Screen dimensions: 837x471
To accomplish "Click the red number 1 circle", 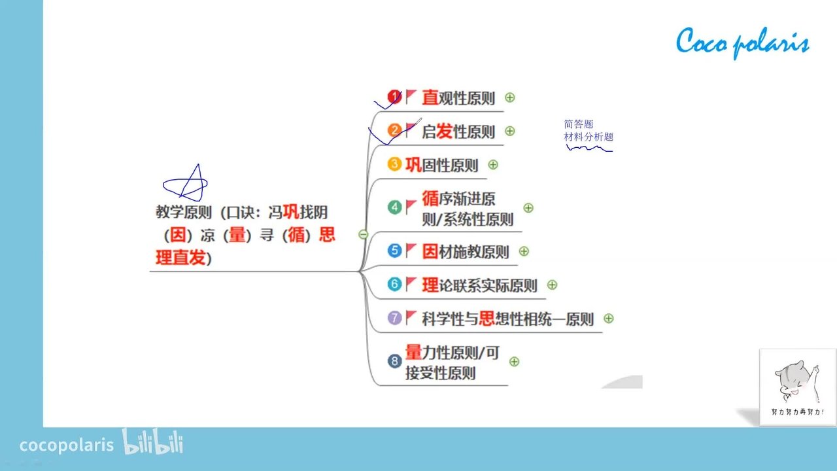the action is [x=394, y=97].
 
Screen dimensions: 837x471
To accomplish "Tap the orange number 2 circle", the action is [x=394, y=130].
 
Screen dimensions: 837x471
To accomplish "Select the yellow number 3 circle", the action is [x=394, y=164].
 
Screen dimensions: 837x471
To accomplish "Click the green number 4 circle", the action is [x=394, y=207].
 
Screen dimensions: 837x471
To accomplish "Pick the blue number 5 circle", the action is [x=394, y=251].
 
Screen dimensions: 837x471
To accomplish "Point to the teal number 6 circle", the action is [x=394, y=284].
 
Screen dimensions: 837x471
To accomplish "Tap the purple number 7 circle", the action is [x=394, y=318].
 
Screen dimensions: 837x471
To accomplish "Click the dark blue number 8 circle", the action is [x=394, y=361].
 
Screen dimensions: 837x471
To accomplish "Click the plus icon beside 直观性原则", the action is [x=509, y=97].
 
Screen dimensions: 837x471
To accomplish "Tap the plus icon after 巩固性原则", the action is [x=493, y=164].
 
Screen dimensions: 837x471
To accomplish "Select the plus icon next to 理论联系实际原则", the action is [x=552, y=285].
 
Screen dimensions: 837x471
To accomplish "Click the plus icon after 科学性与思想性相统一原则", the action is [x=608, y=319].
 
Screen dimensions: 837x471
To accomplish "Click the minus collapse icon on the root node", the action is [x=363, y=234].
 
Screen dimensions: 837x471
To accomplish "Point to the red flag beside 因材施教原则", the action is [x=411, y=251].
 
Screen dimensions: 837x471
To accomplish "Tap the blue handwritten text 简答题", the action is [x=579, y=124].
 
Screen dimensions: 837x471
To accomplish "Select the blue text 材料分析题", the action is [x=589, y=137].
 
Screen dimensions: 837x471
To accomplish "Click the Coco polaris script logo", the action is [x=742, y=43].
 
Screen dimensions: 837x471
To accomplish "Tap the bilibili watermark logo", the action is [x=152, y=442].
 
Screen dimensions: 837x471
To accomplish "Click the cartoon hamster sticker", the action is [x=797, y=387].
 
